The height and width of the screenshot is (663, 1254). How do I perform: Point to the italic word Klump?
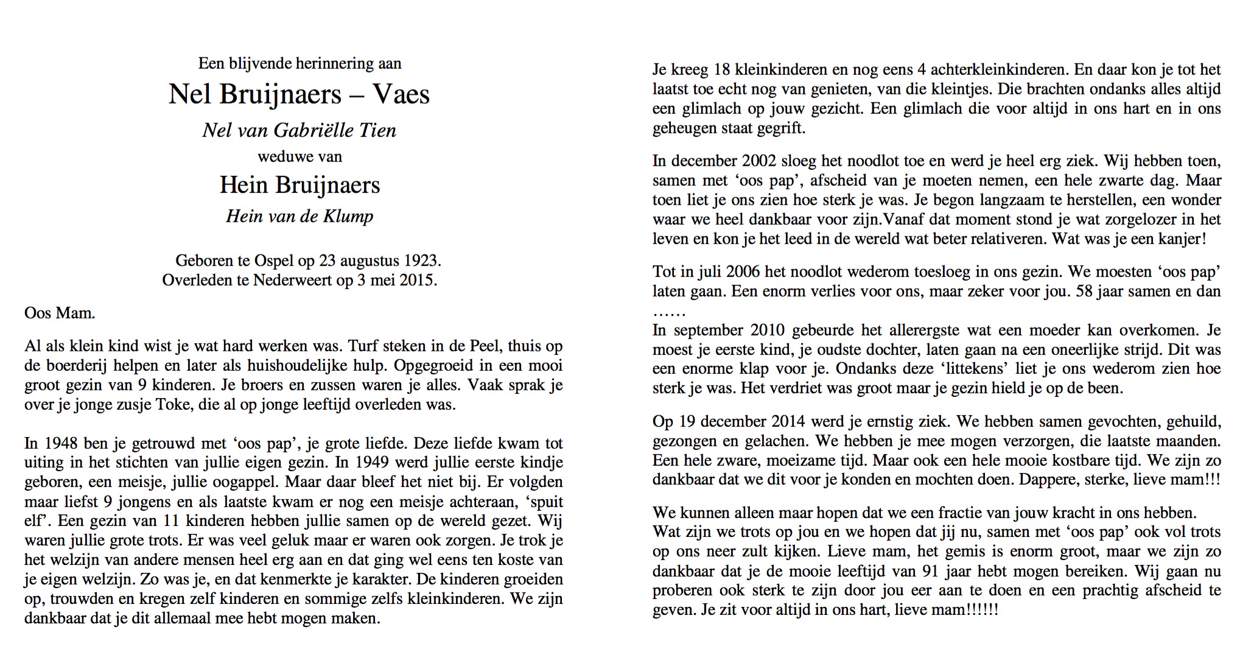349,216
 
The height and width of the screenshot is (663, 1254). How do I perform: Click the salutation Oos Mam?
60,314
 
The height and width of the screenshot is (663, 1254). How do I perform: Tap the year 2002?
759,161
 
